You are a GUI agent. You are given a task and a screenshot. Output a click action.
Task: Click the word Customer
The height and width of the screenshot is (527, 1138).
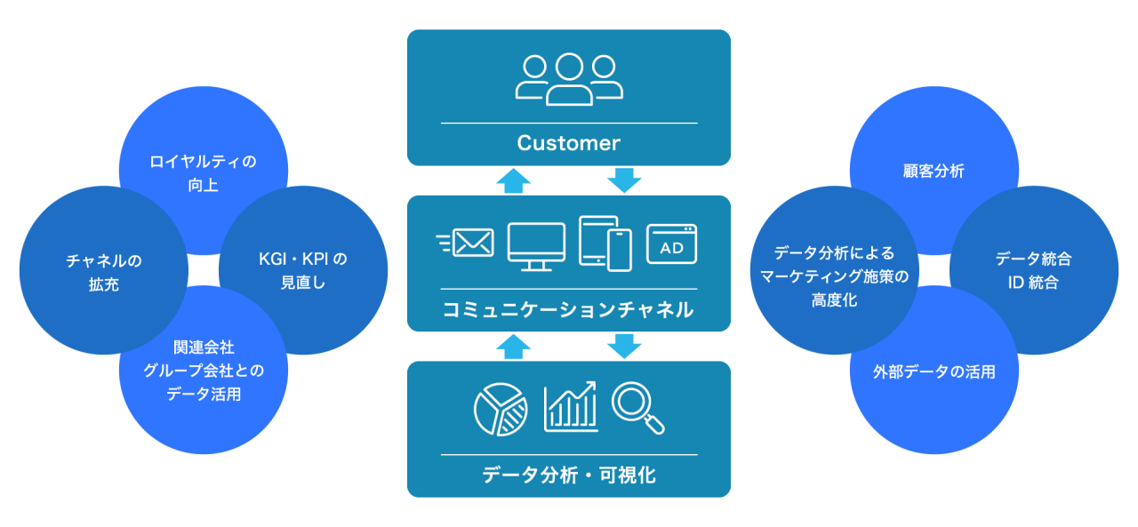(569, 143)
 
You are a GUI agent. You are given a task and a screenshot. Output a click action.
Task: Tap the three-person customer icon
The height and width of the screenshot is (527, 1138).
(569, 80)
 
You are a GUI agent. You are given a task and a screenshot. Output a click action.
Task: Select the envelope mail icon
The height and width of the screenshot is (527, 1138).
(467, 242)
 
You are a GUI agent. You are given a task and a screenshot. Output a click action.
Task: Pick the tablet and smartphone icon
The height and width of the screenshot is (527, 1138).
(605, 242)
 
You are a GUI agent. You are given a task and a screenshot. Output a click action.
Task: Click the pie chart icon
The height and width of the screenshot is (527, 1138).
(501, 410)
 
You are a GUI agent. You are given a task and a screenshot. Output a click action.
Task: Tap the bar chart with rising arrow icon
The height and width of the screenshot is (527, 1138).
(571, 406)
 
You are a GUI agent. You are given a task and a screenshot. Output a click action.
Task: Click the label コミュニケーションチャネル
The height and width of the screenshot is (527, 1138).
(569, 310)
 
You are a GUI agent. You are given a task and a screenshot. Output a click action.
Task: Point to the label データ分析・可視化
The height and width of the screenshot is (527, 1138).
(569, 475)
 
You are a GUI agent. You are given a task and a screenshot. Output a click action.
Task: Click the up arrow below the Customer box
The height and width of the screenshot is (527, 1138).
(513, 180)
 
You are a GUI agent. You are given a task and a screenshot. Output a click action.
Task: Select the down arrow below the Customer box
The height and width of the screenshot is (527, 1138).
(624, 180)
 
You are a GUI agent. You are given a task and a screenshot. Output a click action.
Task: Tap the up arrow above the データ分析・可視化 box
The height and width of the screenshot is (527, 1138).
(513, 347)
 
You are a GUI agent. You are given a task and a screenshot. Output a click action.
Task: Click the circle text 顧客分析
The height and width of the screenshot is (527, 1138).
(933, 172)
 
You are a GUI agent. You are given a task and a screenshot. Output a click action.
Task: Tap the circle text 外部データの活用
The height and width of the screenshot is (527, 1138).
(934, 371)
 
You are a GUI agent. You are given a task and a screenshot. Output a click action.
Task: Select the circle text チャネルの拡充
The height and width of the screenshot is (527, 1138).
(104, 273)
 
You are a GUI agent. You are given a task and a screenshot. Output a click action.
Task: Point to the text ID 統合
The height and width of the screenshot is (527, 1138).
(1034, 283)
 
